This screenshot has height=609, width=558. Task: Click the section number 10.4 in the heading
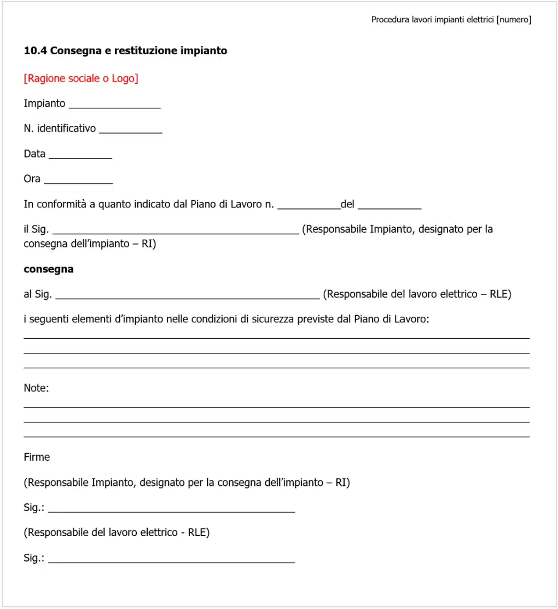coord(35,51)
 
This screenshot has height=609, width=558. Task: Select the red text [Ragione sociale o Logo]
coord(81,78)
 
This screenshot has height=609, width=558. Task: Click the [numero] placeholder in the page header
coord(514,20)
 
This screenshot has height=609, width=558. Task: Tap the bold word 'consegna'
coord(49,270)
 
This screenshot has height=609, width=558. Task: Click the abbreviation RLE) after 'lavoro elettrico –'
coord(500,294)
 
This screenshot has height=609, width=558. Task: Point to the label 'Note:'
coord(36,388)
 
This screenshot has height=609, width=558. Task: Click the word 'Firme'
coord(37,457)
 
